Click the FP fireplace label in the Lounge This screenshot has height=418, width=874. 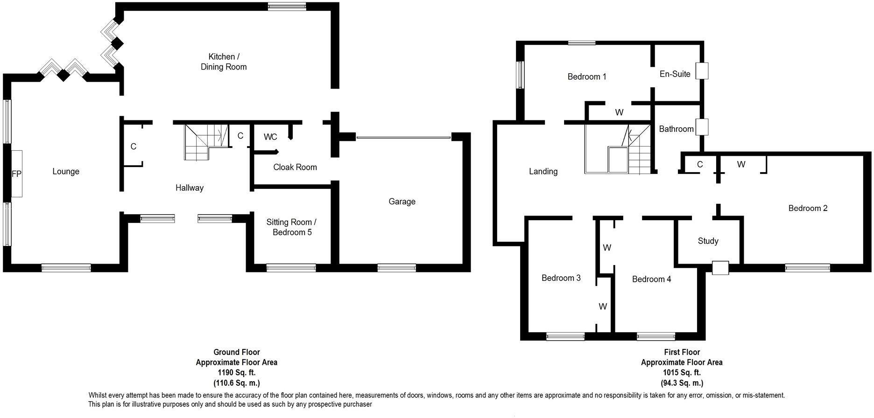pos(16,174)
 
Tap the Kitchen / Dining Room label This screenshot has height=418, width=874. pos(224,62)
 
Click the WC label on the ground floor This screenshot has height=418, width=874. pos(270,137)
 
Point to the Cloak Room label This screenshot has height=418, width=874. pos(295,167)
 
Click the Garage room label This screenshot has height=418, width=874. pos(402,202)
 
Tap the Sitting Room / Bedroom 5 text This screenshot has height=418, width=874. pos(291,227)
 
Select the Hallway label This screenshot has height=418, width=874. pos(189,188)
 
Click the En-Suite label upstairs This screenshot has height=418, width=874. pos(675,74)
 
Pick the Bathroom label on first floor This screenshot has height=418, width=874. pos(676,129)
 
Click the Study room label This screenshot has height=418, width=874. pos(708,241)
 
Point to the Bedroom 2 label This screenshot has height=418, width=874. pos(808,208)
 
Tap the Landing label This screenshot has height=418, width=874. pos(543,171)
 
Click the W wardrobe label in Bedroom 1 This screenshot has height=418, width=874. pos(619,112)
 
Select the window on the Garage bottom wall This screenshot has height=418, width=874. pos(396,268)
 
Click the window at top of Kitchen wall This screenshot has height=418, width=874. pos(287,6)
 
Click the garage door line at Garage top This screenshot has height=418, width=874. pos(403,138)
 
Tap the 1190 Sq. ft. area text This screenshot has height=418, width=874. pos(236,373)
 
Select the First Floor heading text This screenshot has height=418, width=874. pos(682,352)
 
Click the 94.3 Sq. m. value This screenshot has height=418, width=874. pos(682,383)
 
